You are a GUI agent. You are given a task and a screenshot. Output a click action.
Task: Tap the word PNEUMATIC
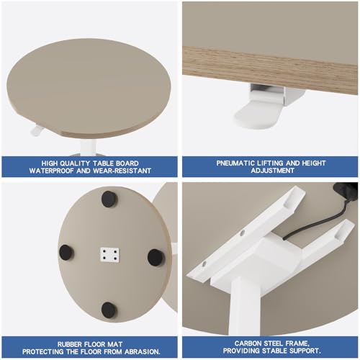coord(238,163)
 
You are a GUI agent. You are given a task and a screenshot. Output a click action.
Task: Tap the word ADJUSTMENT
coord(270,171)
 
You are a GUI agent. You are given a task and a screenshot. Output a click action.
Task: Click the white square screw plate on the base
coord(109,255)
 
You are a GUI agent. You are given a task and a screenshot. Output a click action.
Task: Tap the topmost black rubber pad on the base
coord(109,199)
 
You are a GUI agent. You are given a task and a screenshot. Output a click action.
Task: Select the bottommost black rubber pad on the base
coord(109,310)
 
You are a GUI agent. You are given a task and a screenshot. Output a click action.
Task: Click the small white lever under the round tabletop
coord(37,131)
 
